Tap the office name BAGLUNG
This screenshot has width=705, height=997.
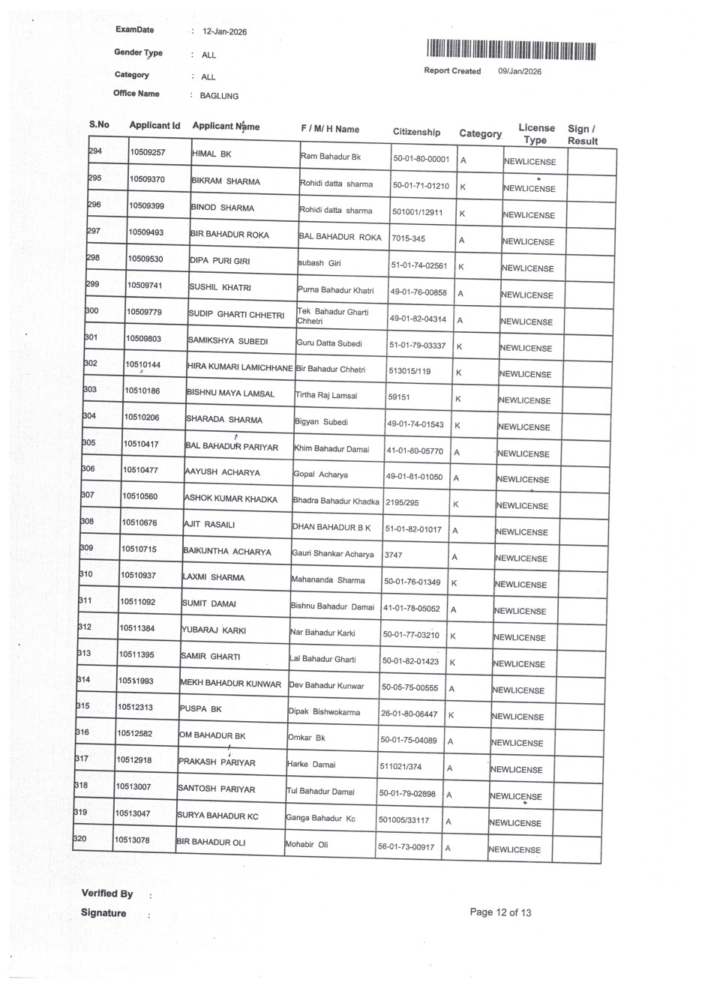(219, 96)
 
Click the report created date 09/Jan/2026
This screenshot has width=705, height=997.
(520, 71)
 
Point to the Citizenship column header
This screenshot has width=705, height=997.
(416, 132)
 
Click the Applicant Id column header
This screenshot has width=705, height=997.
(154, 125)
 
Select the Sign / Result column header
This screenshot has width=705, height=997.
(583, 135)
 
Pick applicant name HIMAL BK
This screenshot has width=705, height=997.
(212, 154)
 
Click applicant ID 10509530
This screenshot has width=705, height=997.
(145, 259)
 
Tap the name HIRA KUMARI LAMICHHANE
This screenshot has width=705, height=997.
(240, 368)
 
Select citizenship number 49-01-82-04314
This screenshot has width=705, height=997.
(418, 319)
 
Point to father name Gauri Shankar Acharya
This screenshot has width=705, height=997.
(332, 554)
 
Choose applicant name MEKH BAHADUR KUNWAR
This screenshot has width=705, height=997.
(231, 684)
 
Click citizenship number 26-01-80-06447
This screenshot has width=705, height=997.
(409, 714)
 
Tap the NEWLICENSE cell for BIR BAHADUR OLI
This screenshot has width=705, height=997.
(514, 849)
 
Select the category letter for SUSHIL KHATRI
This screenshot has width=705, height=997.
(460, 293)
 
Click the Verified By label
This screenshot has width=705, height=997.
(107, 894)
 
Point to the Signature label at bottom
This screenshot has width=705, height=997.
(103, 913)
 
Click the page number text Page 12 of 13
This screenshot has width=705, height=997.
(500, 912)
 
